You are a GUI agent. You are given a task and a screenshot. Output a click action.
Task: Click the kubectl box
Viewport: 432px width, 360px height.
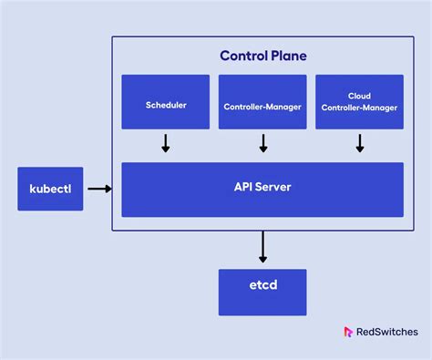click(x=50, y=189)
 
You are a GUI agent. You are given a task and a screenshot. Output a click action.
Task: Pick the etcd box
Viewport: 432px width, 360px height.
click(x=262, y=292)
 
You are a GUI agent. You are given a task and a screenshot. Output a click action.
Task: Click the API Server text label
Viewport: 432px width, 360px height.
click(x=262, y=187)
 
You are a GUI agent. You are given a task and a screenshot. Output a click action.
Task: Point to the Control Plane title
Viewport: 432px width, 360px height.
click(x=262, y=56)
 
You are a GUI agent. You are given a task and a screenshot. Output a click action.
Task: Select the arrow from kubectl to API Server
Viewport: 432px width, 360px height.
click(x=99, y=189)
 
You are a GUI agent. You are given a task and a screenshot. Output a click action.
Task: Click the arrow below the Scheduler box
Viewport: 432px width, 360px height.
click(x=166, y=143)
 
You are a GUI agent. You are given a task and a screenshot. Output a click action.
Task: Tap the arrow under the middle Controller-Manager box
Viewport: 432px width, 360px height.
click(x=262, y=143)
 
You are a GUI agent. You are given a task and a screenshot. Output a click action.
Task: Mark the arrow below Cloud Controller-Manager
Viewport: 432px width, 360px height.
click(x=359, y=143)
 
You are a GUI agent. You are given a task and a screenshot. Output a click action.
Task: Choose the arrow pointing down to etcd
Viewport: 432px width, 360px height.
click(x=262, y=246)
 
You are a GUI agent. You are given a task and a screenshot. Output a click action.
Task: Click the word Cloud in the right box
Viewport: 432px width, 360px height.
click(x=359, y=95)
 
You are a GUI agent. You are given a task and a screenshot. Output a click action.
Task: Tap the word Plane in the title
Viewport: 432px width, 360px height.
click(x=287, y=56)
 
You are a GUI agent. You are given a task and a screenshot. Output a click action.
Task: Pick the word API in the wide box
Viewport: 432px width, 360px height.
click(x=243, y=187)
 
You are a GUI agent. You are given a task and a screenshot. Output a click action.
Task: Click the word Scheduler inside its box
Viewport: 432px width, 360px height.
click(x=166, y=105)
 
